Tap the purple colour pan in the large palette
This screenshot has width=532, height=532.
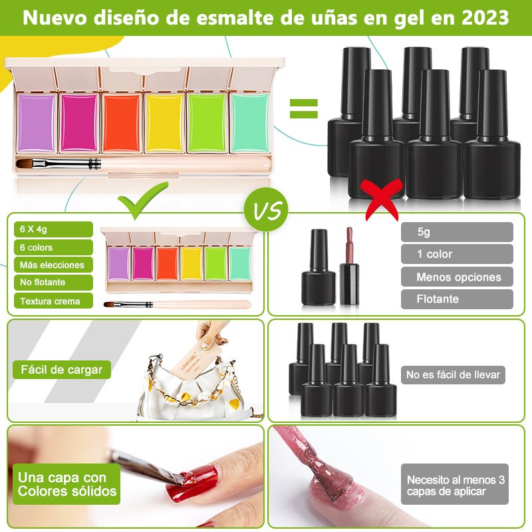pos(37,123)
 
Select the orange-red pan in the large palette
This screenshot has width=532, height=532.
pos(122,123)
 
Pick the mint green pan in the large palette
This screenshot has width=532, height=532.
pos(250,123)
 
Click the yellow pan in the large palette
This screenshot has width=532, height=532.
pos(164,123)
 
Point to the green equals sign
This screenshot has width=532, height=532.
pos(304,108)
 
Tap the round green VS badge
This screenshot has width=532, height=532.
pos(266,210)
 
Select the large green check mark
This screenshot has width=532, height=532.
pos(143,201)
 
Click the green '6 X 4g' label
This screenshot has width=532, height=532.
pos(53,229)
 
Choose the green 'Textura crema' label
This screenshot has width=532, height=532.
pos(53,301)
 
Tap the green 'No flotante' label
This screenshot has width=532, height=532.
pos(53,282)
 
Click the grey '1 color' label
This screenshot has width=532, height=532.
pos(457,254)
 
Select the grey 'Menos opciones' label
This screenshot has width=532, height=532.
pos(457,277)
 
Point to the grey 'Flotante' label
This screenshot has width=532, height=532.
pos(457,299)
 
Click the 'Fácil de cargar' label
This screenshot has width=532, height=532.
pos(62,370)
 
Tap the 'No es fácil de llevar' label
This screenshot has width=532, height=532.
pos(453,374)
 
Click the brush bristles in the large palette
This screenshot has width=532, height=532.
pos(29,164)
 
